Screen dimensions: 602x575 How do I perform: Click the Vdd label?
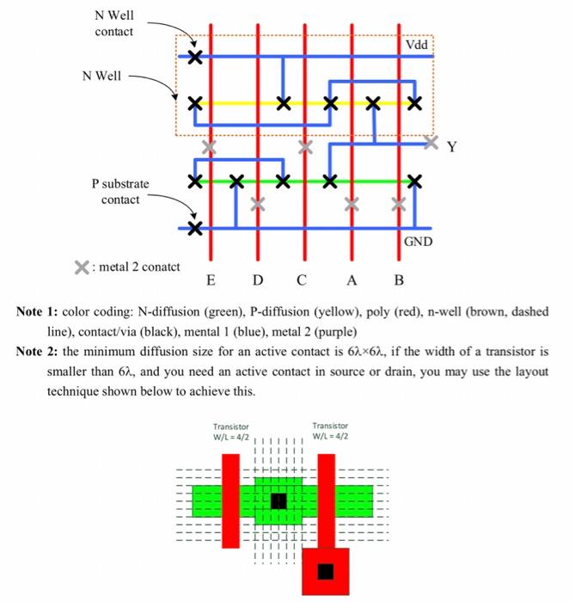tap(416, 46)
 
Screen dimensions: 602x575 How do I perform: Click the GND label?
tap(419, 243)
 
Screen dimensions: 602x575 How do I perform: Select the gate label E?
tap(211, 279)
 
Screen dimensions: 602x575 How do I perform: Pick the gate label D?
tap(258, 279)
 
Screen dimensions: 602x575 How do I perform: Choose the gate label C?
tap(301, 279)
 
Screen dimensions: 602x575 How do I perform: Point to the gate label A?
tap(351, 279)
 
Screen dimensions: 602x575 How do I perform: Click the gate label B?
tap(398, 279)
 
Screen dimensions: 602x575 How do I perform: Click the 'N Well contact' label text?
tap(114, 24)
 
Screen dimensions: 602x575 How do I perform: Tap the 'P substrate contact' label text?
tap(120, 191)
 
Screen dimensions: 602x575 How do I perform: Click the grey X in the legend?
tap(81, 267)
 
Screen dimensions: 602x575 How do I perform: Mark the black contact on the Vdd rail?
tap(195, 58)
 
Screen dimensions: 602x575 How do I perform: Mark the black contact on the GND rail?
tap(195, 229)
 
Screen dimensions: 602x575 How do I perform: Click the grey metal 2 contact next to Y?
tap(431, 140)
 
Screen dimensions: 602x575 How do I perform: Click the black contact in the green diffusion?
tap(278, 501)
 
